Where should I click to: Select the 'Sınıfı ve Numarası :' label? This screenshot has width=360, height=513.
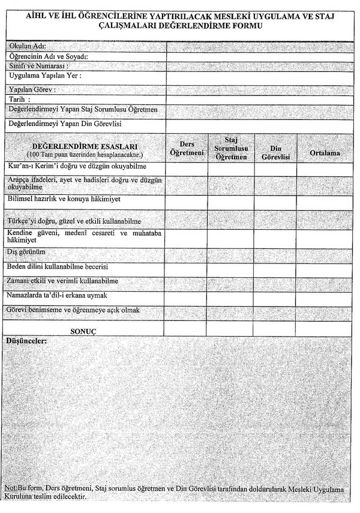pos(40,66)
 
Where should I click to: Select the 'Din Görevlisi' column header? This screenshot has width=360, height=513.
pos(275,151)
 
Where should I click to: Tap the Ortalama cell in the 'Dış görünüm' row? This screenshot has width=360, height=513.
pos(325,252)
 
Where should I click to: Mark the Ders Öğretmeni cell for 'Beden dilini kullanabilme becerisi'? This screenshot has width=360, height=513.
pos(187,266)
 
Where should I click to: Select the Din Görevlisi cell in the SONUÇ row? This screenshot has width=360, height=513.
pos(275,328)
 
